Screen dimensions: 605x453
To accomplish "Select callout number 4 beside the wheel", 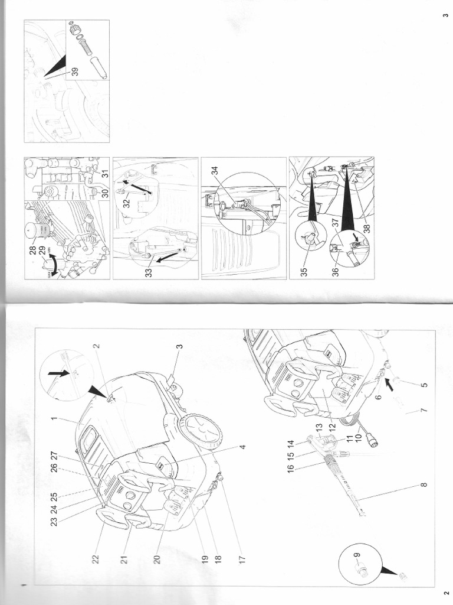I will click(x=242, y=447).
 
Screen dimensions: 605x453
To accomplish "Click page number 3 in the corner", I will click(x=444, y=15).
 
